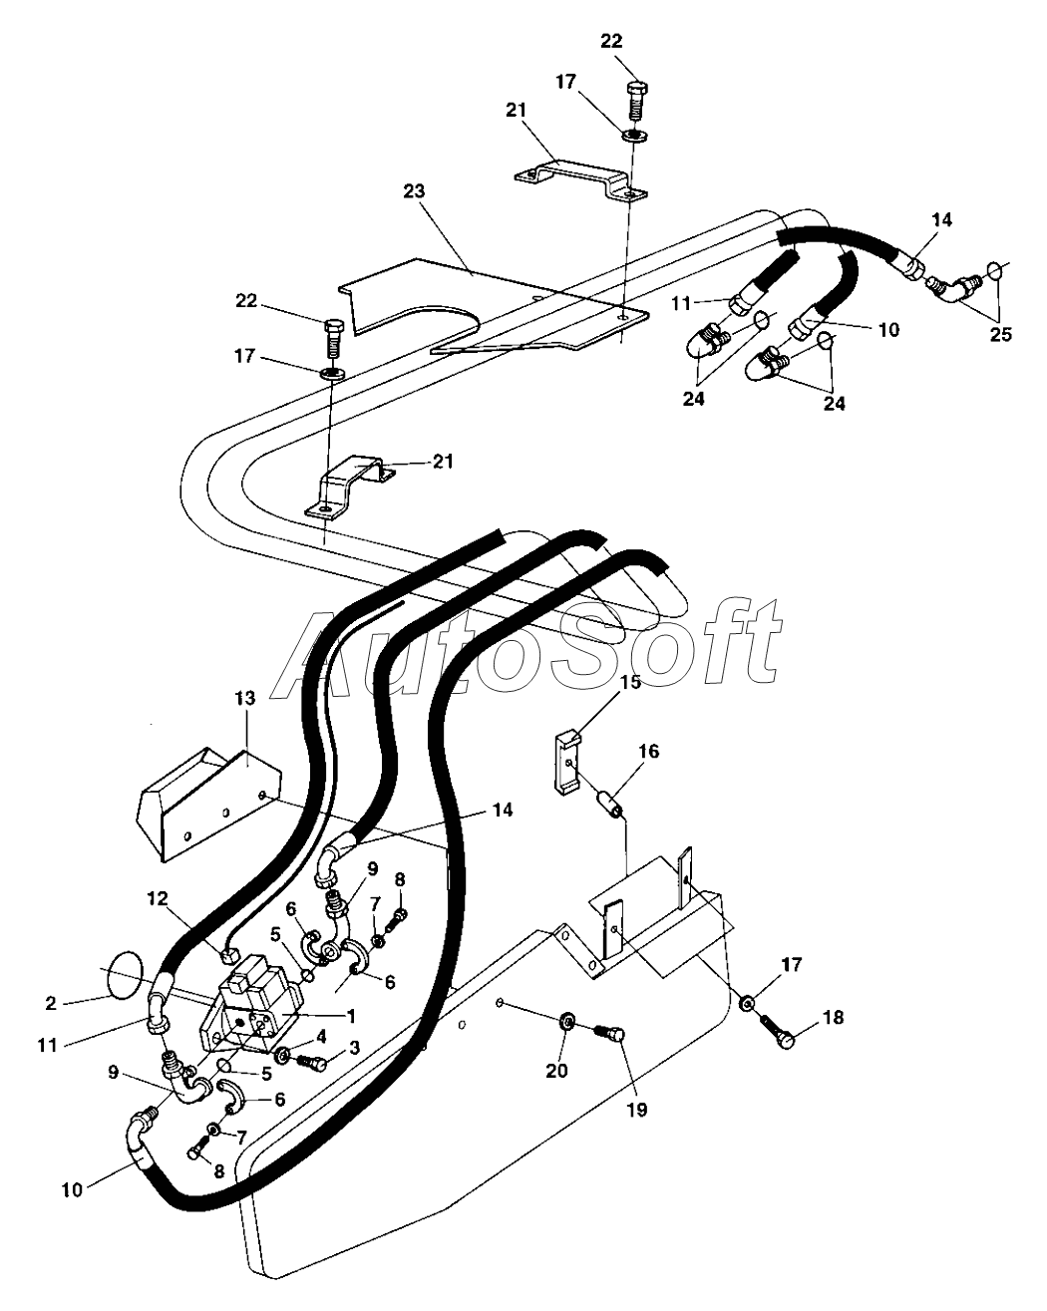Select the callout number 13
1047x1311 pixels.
(245, 699)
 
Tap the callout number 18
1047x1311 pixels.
(833, 1018)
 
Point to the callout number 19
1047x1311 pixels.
(636, 1108)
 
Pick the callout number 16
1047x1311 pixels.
(648, 751)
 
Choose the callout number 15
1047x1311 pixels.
(631, 683)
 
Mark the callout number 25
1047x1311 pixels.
(999, 334)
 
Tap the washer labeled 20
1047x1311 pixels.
(564, 1020)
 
